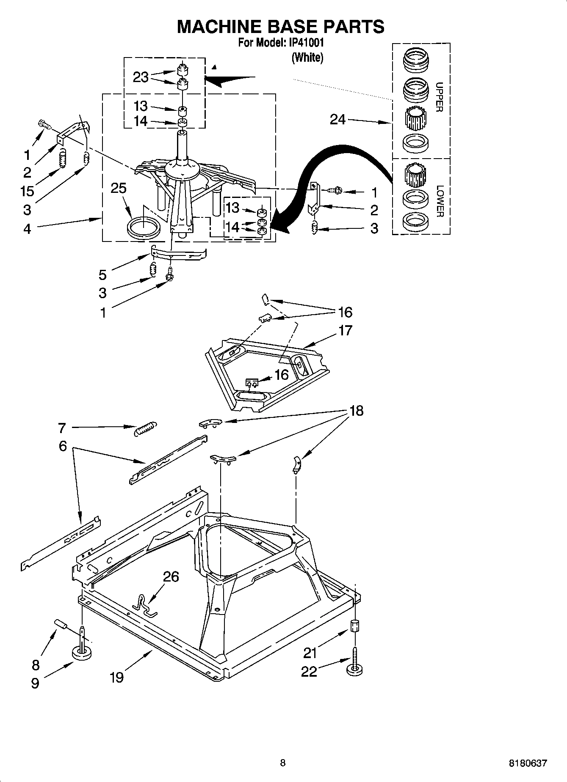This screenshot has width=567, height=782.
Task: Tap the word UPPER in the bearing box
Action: pyautogui.click(x=439, y=97)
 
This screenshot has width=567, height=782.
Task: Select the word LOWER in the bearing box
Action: pyautogui.click(x=439, y=201)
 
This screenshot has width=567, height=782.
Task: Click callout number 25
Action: pyautogui.click(x=119, y=188)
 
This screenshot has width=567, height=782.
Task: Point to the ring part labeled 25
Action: pyautogui.click(x=144, y=228)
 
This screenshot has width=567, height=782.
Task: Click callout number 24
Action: pyautogui.click(x=337, y=120)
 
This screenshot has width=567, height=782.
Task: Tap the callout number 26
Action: pyautogui.click(x=171, y=576)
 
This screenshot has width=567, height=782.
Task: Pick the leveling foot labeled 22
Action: pyautogui.click(x=355, y=669)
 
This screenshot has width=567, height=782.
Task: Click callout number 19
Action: pyautogui.click(x=116, y=677)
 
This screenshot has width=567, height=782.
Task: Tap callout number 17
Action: pyautogui.click(x=345, y=330)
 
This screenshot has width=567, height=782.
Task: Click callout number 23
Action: pyautogui.click(x=141, y=77)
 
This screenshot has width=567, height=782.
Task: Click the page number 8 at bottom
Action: pyautogui.click(x=283, y=763)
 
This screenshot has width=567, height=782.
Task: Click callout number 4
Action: pyautogui.click(x=27, y=229)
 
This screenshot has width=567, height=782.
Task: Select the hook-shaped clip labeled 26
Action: pyautogui.click(x=145, y=604)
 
